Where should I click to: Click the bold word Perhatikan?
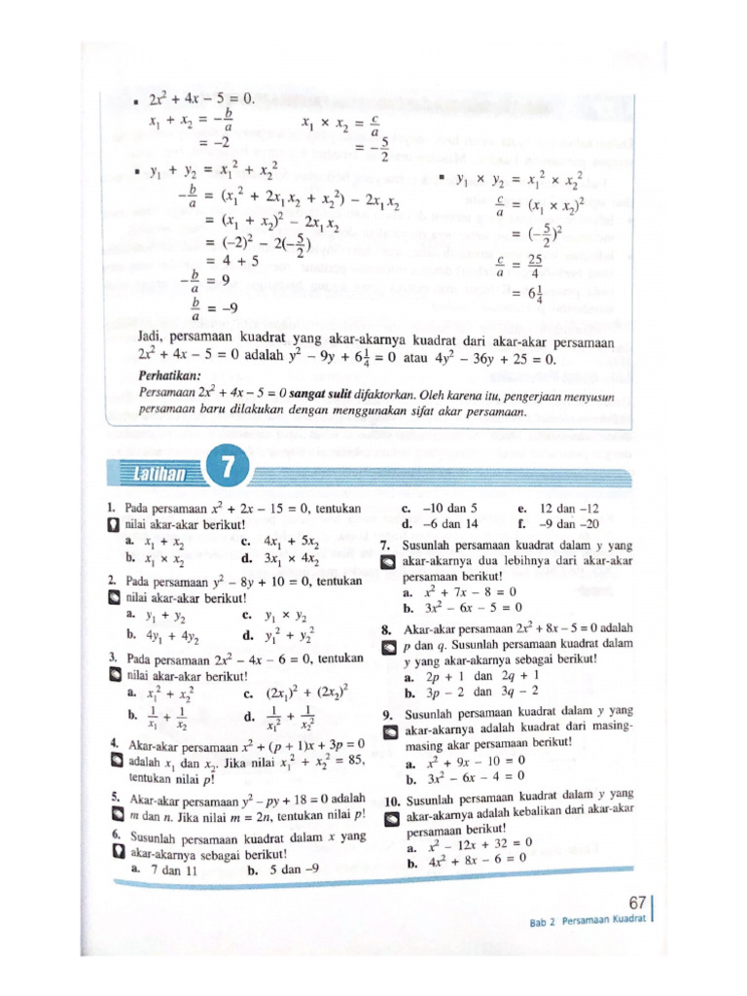coord(169,374)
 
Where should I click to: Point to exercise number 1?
coord(114,508)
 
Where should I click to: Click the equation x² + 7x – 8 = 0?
coord(472,591)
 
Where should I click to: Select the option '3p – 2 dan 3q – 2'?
coord(481,694)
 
